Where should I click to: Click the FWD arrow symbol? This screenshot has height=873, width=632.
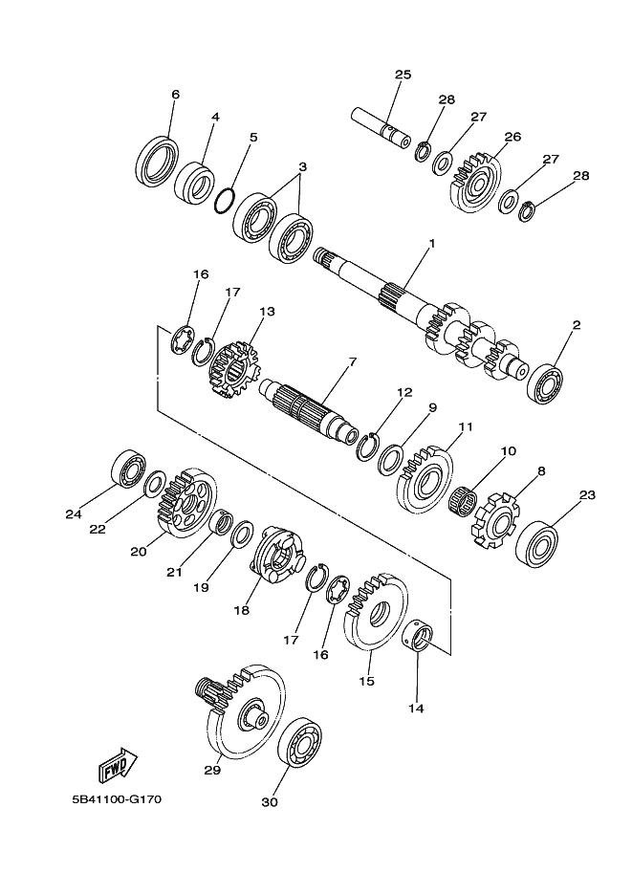coord(118,764)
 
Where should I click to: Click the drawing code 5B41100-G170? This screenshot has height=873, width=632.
coord(116,799)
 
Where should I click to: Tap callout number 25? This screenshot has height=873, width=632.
coord(403,75)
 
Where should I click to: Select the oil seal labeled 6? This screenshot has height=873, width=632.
coord(158,161)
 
